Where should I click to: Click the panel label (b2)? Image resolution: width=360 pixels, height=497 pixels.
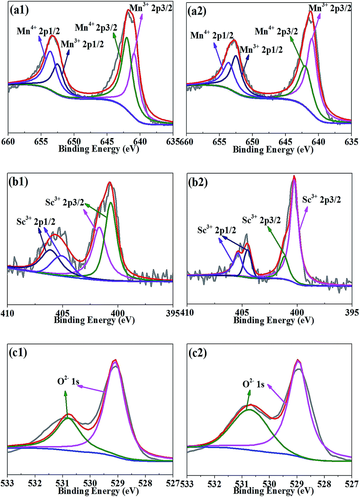198,182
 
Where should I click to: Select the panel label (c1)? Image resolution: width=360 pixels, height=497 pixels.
18,353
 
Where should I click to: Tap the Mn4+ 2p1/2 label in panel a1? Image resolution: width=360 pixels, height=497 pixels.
38,31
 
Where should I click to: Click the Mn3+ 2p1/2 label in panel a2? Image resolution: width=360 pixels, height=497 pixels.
261,49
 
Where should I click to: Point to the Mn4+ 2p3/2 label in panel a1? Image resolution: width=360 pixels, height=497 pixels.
96,27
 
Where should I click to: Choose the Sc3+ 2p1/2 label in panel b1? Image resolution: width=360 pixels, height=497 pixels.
36,221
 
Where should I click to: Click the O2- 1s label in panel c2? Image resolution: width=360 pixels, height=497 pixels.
253,384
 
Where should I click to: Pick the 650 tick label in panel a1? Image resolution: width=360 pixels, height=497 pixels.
74,142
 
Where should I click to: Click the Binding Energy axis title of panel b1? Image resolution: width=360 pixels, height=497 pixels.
94,320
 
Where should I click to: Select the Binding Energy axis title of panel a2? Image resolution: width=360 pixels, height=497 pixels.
273,149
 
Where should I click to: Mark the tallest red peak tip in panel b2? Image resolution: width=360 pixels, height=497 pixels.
294,177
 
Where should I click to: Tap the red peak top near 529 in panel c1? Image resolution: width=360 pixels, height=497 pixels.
115,360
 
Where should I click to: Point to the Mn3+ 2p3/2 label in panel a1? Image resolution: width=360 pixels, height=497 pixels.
151,8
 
